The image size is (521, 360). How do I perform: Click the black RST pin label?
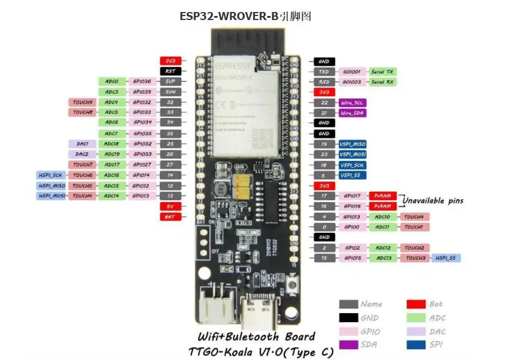pos(170,72)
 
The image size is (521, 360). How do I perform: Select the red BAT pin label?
pos(170,216)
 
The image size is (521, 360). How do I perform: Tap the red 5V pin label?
pos(170,206)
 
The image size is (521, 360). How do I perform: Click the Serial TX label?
pos(382,72)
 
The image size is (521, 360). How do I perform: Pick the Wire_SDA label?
pos(352,113)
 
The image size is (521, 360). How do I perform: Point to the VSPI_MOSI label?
pos(352,155)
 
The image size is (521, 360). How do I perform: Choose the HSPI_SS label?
pos(445,258)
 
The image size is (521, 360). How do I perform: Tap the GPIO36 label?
pos(141,82)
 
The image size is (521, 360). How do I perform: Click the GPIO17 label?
pos(352,196)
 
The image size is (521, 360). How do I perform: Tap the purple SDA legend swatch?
pos(349,345)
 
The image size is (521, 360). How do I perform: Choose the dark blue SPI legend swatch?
pos(416,345)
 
